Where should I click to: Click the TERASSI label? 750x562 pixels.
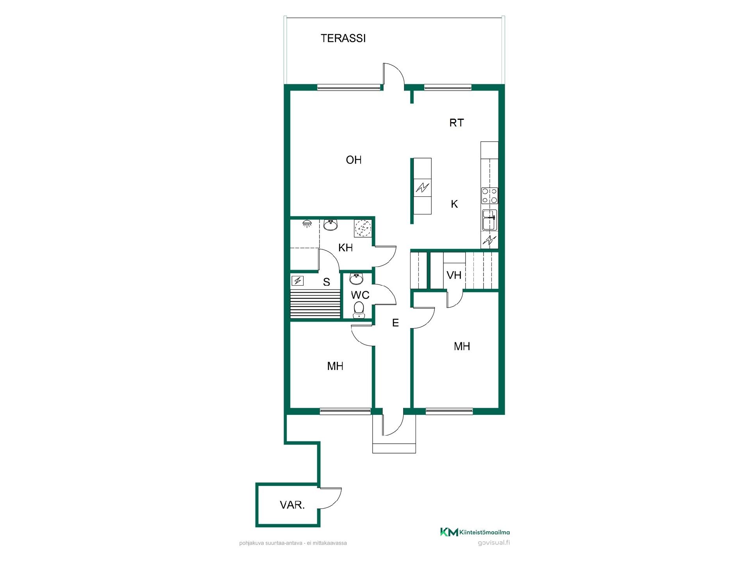pos(343,38)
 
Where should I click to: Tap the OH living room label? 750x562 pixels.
pos(354,160)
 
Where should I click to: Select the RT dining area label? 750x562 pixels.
pos(456,123)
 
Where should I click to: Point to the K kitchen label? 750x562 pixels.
pos(454,204)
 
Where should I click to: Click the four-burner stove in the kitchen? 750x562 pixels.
pos(489,196)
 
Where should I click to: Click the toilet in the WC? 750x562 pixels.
pos(358,310)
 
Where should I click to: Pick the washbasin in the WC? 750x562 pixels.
pos(356,279)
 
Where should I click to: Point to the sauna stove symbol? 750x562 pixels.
pos(298,281)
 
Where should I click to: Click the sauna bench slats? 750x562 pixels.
pos(315,304)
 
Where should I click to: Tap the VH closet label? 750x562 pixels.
pos(454,275)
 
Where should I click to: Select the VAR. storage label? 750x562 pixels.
pos(292,505)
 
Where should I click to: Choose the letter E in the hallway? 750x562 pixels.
pos(395,323)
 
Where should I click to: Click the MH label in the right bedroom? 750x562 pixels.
pos(462,346)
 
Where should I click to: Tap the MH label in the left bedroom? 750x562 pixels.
pos(335,366)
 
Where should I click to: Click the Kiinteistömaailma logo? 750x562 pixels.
pos(475,532)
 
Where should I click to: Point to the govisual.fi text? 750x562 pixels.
pos(494,543)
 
